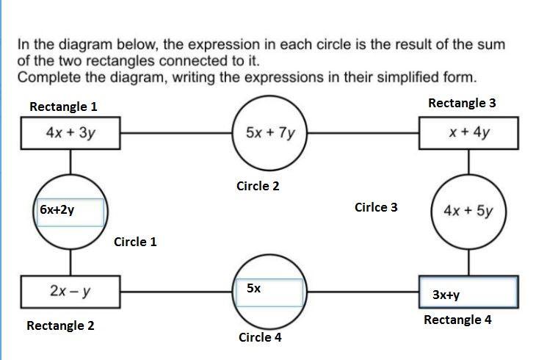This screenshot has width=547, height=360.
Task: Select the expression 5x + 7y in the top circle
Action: click(x=271, y=133)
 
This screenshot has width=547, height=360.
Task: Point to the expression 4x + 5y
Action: click(x=468, y=211)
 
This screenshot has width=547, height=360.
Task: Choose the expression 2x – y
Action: click(x=70, y=291)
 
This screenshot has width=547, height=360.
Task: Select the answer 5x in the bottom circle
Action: click(x=253, y=289)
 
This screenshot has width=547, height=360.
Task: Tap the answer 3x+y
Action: click(x=446, y=295)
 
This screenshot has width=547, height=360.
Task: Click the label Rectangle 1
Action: click(x=63, y=107)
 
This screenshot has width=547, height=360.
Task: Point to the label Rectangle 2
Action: click(x=60, y=325)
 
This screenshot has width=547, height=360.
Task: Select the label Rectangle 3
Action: click(x=462, y=103)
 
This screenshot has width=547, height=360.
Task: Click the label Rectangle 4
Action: click(x=457, y=320)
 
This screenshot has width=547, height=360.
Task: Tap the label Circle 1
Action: click(x=135, y=242)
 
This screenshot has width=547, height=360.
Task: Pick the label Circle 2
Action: click(x=258, y=186)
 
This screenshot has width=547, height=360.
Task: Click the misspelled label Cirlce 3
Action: click(x=375, y=207)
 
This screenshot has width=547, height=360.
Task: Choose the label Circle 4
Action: click(x=260, y=338)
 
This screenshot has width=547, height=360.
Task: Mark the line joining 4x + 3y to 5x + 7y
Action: click(x=176, y=134)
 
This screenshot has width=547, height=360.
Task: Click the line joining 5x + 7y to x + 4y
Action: click(x=363, y=134)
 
